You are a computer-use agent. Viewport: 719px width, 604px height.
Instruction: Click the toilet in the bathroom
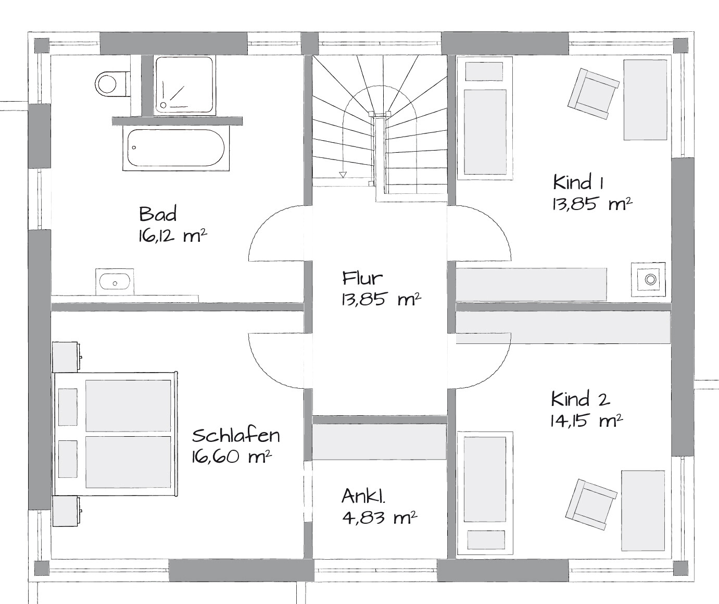[112, 83]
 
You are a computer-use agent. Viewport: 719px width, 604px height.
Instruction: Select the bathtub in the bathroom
[176, 147]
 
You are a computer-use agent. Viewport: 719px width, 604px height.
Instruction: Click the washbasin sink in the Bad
[115, 281]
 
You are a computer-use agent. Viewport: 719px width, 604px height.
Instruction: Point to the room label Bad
[158, 214]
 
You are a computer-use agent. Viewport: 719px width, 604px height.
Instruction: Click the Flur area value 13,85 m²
[381, 299]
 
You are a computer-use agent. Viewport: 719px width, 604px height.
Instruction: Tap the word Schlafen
[236, 436]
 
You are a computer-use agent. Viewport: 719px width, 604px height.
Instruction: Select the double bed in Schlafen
[116, 434]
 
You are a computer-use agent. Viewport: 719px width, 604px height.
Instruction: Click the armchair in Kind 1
[594, 94]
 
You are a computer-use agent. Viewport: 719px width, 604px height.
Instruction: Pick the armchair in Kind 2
[591, 504]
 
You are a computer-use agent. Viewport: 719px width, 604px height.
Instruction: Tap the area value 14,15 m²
[586, 421]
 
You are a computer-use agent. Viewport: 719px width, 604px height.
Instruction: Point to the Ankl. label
[363, 497]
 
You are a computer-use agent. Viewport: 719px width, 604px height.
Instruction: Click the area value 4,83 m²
[380, 518]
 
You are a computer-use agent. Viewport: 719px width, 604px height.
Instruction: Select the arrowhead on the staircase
[342, 175]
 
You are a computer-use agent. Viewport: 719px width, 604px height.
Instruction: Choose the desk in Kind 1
[645, 100]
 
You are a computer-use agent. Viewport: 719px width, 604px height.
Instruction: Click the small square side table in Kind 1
[648, 279]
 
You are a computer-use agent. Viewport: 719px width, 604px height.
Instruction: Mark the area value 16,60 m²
[232, 458]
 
